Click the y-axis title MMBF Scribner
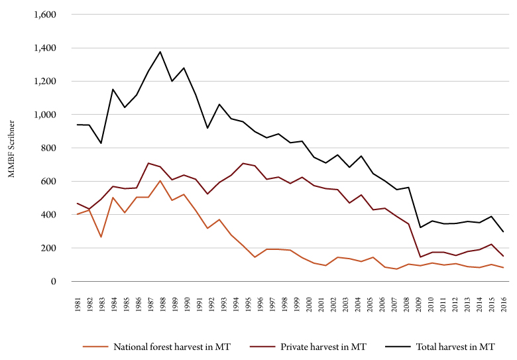(x=11, y=148)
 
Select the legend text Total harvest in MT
(x=456, y=347)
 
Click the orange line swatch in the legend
(x=96, y=347)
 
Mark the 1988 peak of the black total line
(x=160, y=52)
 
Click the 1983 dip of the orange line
(x=101, y=237)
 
